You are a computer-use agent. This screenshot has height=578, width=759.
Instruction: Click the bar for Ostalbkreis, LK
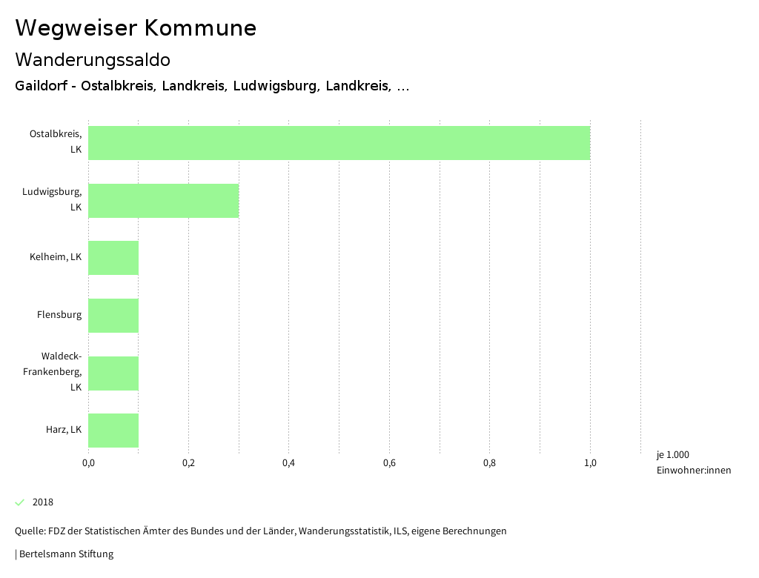coord(339,143)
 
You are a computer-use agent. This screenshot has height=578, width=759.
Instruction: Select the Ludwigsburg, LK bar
coord(163,201)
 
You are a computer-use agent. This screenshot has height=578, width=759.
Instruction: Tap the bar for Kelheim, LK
coord(113,258)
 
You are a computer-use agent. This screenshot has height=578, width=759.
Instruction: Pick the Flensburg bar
coord(113,316)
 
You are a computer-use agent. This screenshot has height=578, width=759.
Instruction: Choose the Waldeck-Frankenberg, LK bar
coord(113,373)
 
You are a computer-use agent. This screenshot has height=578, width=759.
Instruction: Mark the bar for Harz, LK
coord(113,431)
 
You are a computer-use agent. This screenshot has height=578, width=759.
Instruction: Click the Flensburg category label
coord(59,315)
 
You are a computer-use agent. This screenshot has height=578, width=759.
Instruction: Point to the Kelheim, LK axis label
coord(56,257)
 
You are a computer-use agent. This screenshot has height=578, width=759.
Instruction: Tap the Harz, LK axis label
coord(63,430)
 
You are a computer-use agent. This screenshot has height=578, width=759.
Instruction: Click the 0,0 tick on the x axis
coord(88,463)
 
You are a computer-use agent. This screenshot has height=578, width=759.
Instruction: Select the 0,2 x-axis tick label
coord(188,463)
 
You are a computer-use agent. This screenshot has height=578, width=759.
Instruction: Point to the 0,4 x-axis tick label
coord(288,463)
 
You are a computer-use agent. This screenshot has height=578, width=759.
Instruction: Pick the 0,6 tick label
coord(389,463)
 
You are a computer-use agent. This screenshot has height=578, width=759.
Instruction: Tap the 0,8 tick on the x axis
coord(489,463)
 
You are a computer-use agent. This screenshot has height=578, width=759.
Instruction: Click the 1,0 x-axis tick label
coord(590,463)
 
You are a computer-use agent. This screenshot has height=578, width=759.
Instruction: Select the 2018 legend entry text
coord(43,502)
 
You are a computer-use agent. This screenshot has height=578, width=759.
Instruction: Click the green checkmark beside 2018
coord(20,502)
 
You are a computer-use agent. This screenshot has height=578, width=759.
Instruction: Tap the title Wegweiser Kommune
coord(136,28)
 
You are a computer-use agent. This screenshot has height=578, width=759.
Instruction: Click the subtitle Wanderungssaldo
coord(93,59)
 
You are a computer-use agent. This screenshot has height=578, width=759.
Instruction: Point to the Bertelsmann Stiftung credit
coord(64,554)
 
